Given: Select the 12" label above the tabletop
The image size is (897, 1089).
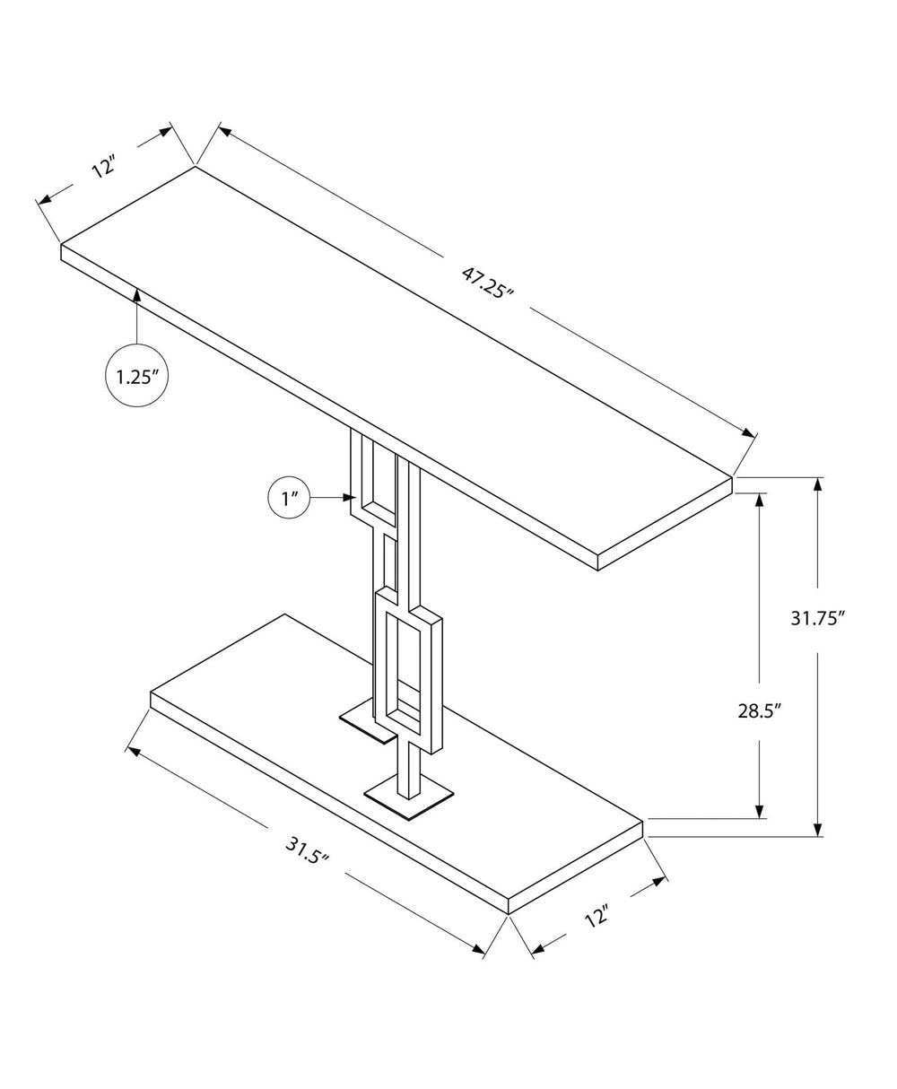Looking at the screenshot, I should (105, 166).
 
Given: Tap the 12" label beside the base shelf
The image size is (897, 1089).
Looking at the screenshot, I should (597, 917).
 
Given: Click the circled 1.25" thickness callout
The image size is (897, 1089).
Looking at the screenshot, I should (137, 376).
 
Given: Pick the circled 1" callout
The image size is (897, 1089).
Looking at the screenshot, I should (289, 499).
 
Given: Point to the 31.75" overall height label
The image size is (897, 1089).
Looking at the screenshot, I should (818, 618).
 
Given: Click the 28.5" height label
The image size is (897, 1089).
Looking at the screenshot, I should (760, 711).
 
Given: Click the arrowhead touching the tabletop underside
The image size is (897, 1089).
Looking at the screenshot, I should (137, 294).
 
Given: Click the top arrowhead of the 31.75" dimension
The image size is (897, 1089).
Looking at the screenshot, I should (817, 485).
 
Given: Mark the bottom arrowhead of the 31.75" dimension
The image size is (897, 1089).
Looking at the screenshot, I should (817, 829).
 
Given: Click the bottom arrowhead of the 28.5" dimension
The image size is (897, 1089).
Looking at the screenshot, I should (761, 811).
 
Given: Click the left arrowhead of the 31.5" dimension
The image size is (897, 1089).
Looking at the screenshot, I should (136, 752).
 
